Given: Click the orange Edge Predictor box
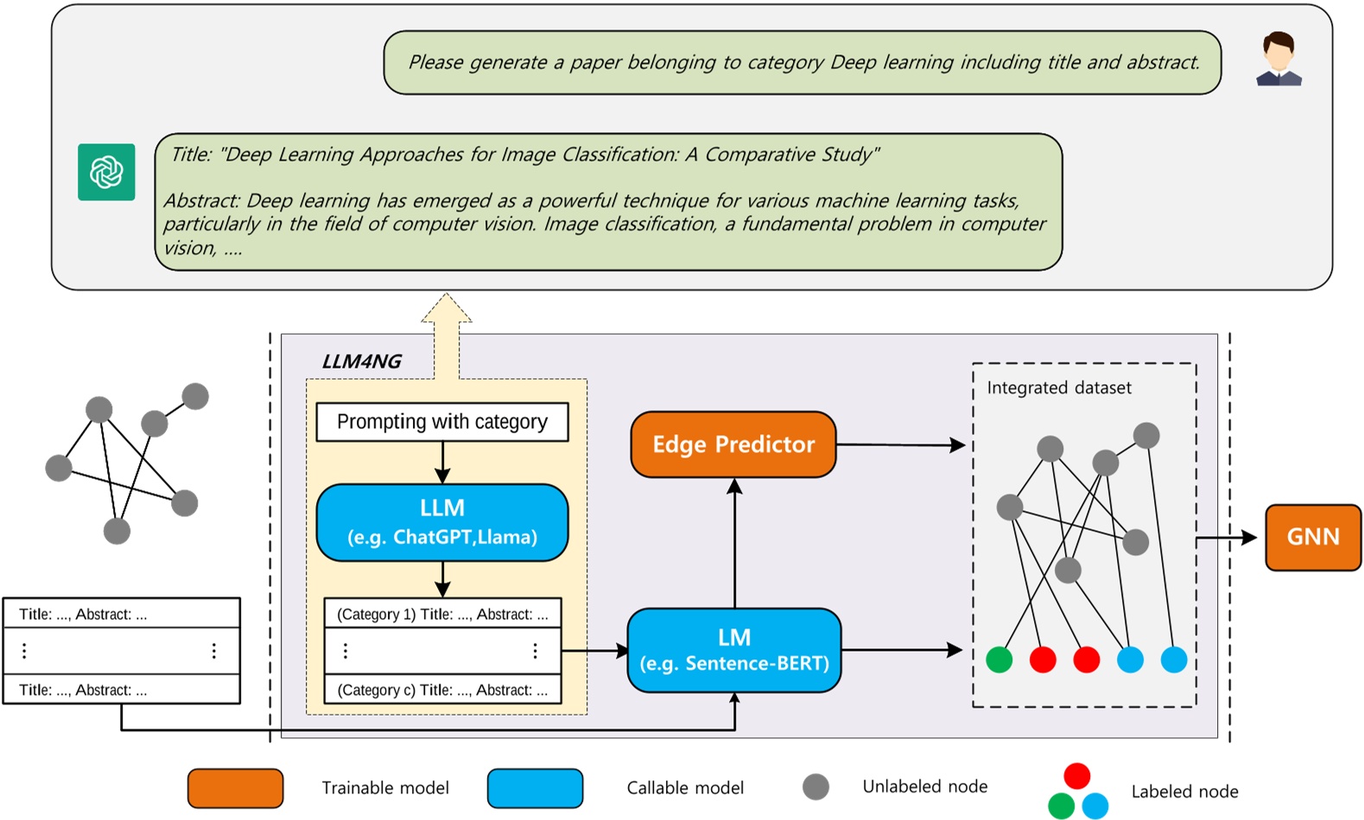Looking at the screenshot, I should [x=733, y=445].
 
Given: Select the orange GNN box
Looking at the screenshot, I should [x=1312, y=537].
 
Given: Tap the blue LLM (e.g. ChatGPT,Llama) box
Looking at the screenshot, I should [x=442, y=522].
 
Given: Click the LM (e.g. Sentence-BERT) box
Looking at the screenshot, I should [x=733, y=650].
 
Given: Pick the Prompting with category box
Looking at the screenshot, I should [x=442, y=422].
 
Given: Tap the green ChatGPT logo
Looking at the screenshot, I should [x=106, y=172].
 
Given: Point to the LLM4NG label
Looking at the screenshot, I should [x=361, y=362].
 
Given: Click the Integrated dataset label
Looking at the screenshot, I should [x=1059, y=388].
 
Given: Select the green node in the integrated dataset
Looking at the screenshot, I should [x=999, y=659].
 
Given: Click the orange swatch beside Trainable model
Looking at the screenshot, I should [x=235, y=788].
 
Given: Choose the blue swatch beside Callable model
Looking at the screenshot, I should [x=535, y=788].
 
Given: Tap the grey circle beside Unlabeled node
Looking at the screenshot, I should [x=815, y=786].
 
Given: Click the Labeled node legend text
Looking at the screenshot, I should [x=1184, y=792].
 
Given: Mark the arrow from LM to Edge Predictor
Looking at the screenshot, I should [x=734, y=544].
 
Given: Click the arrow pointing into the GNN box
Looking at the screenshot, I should [x=1231, y=538].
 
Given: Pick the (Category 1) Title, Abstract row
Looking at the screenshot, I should [x=442, y=614].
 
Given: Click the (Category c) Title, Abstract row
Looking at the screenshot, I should [x=442, y=690].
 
